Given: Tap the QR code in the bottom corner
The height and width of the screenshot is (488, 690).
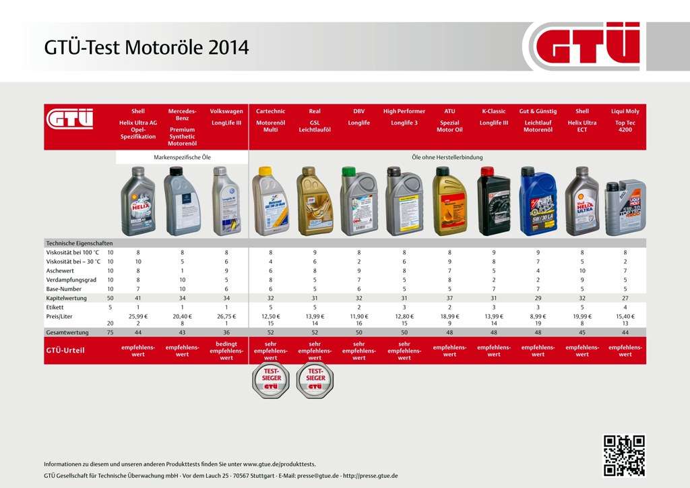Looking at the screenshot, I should coord(623,456).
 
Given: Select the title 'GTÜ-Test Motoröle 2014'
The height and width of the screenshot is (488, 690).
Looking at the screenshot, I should coord(146,48).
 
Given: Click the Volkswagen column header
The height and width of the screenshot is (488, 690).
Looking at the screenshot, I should coord(226,117).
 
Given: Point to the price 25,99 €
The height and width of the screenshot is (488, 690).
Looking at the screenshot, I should coord(137,316).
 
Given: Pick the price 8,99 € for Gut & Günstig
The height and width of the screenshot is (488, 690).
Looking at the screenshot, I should coord(538,316).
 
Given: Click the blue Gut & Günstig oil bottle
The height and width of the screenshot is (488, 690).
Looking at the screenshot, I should coord(538,202).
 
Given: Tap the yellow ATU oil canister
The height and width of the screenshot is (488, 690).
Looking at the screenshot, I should coord(449,202).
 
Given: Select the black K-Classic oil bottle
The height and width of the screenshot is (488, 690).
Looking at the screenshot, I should coord(494,202).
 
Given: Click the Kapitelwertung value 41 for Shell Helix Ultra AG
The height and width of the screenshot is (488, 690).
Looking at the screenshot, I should coord(137,297).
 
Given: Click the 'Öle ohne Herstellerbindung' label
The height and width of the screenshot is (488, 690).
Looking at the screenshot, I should coord(447,157).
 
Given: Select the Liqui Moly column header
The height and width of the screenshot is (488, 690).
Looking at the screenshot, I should coord(625,120).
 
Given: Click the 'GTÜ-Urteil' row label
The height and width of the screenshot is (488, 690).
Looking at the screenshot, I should coord(65,350).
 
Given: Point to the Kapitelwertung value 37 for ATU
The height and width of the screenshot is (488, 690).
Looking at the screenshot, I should coord(449,297).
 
